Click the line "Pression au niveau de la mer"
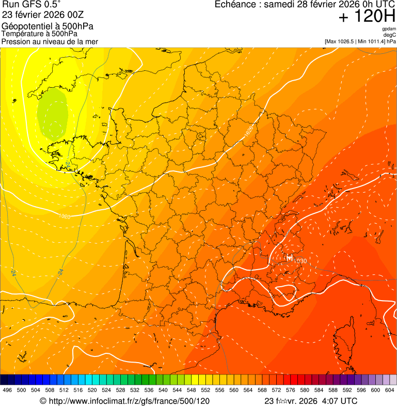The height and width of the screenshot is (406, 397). click(x=50, y=41)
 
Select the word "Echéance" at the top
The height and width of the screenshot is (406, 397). click(x=236, y=5)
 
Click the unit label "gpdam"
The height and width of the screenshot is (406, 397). click(x=389, y=29)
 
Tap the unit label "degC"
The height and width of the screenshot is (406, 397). click(x=390, y=35)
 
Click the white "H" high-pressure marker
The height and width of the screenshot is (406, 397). click(x=290, y=257)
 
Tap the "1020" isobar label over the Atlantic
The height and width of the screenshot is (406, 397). click(x=65, y=216)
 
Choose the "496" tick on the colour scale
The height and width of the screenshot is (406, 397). click(x=7, y=391)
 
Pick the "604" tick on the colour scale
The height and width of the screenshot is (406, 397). click(x=390, y=391)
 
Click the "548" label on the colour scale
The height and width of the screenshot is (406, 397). click(x=192, y=391)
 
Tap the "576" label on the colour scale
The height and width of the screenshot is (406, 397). click(x=291, y=391)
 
